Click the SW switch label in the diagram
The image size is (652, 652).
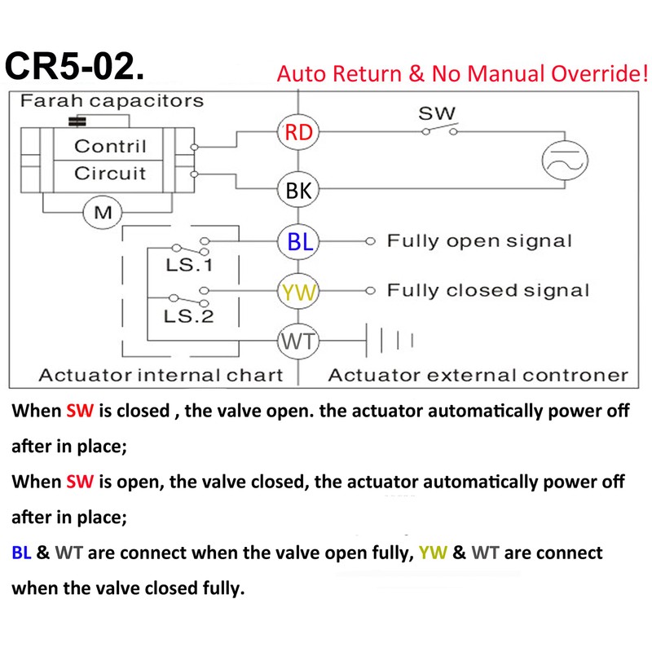(x=437, y=113)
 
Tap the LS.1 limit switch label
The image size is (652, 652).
(x=189, y=265)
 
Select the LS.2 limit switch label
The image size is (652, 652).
(x=189, y=316)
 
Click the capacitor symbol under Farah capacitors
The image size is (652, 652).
(x=77, y=121)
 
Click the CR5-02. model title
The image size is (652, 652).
(x=75, y=67)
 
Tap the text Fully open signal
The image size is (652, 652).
(x=479, y=241)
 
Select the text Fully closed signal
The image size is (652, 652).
(x=488, y=291)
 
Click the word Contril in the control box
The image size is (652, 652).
(x=110, y=147)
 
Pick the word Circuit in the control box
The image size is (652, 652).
(x=110, y=174)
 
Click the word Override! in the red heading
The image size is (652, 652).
(x=600, y=73)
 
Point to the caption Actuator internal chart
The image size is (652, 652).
(x=161, y=376)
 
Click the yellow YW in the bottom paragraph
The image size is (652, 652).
(x=433, y=553)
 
